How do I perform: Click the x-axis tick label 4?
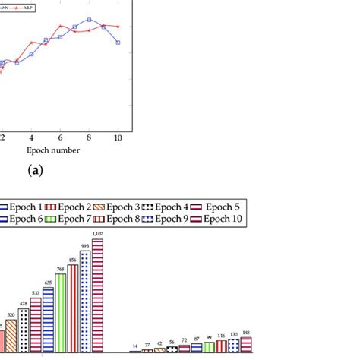[31, 137]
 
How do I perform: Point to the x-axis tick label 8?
[89, 137]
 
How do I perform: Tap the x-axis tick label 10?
[118, 137]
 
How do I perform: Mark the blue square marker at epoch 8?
[89, 19]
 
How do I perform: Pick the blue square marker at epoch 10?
[118, 43]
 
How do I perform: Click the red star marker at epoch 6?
[61, 27]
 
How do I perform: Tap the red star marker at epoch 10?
[118, 26]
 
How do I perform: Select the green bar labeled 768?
[60, 311]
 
